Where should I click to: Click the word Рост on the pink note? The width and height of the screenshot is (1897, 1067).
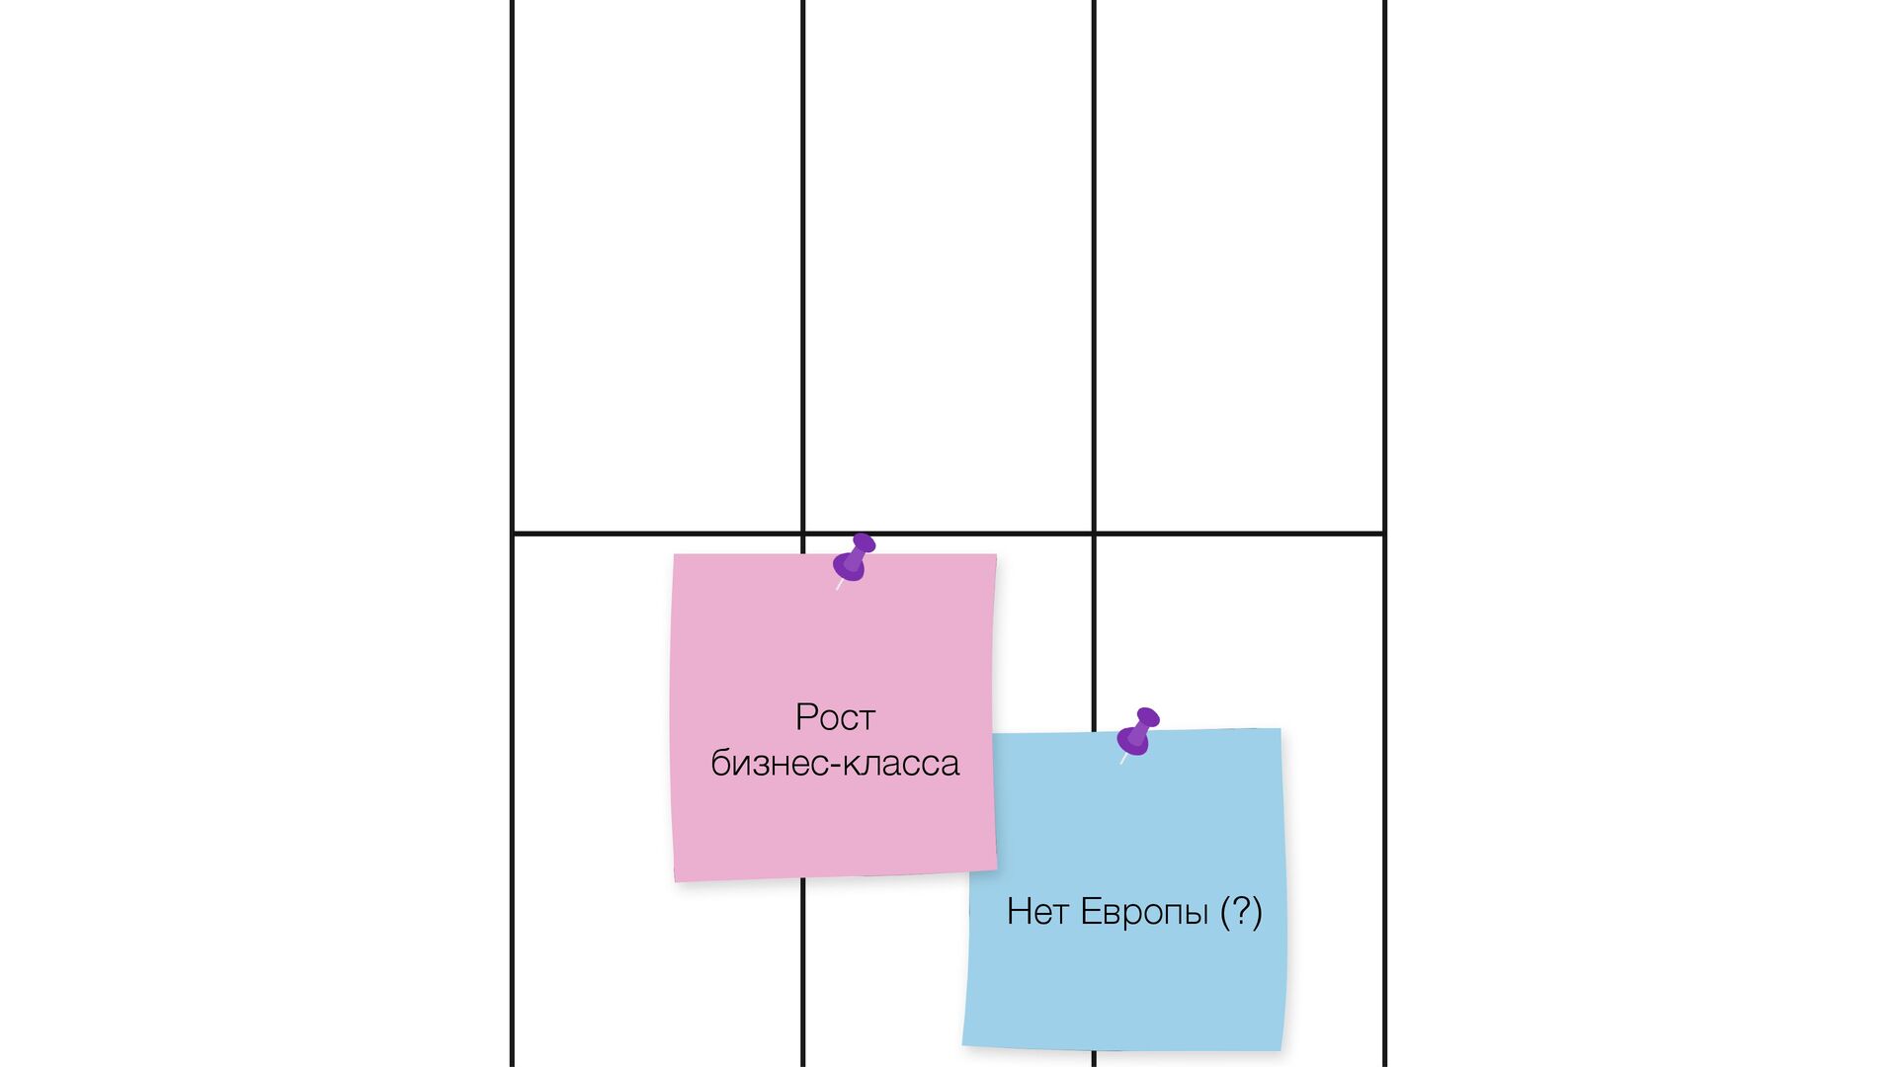[x=835, y=717]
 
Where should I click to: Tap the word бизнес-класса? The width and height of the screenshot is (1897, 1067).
[x=835, y=764]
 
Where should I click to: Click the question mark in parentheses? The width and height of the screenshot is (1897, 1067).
[x=1241, y=911]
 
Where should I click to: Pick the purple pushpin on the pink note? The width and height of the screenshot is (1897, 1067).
[x=854, y=558]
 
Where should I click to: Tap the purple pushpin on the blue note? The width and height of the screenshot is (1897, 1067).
[x=1138, y=732]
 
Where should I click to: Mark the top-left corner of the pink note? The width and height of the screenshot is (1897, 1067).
[x=675, y=555]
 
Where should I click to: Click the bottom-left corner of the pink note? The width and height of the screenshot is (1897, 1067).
[x=676, y=880]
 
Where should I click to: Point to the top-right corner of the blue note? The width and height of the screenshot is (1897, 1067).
[x=1279, y=730]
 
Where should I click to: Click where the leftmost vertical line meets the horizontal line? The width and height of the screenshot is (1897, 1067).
[x=512, y=533]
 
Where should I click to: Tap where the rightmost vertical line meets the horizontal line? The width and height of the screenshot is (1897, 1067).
[x=1384, y=533]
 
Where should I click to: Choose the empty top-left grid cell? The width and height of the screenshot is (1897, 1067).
[x=657, y=267]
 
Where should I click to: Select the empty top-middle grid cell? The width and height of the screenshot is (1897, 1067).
[x=948, y=267]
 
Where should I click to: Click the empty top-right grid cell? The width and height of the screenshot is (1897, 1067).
[x=1239, y=267]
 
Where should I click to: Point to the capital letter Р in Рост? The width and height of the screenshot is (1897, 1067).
[x=805, y=717]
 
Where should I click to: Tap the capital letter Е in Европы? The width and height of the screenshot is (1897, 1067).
[x=1090, y=912]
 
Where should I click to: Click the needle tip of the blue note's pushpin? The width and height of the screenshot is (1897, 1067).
[x=1121, y=763]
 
